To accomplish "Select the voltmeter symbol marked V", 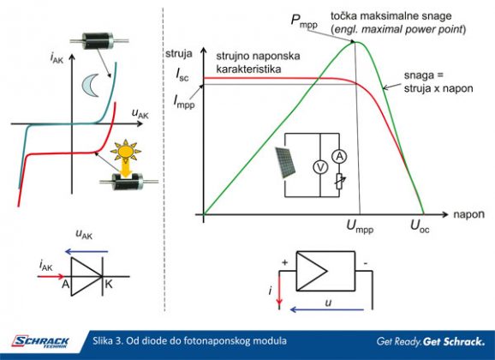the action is (x=320, y=167).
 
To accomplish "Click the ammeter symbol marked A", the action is (x=339, y=157).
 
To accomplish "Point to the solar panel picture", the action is (x=286, y=162).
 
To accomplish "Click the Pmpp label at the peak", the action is (x=304, y=21).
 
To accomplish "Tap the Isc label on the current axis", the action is (x=182, y=75).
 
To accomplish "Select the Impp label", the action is (x=184, y=102).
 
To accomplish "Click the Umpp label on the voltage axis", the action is (x=360, y=226).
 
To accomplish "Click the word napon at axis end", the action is (x=468, y=214).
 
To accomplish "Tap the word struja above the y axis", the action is (x=179, y=53).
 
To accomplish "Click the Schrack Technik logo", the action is (x=40, y=342).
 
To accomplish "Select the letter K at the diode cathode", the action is (x=108, y=285).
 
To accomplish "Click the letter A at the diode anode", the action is (x=65, y=285).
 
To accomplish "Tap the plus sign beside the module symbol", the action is (x=284, y=262).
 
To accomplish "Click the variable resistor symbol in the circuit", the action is (x=340, y=181).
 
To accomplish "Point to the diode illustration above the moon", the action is (x=99, y=41).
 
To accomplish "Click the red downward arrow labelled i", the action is (x=279, y=290).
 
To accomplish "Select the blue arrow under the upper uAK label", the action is (x=86, y=252).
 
